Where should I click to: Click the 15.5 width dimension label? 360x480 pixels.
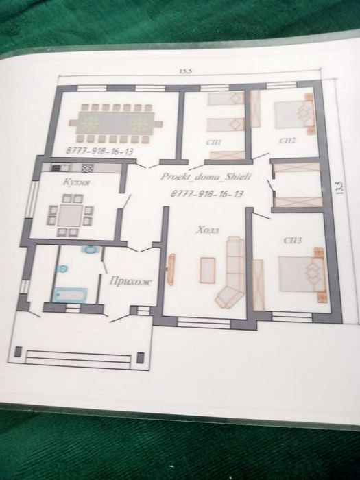pos(185,71)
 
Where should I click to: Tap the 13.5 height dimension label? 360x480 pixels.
pos(339,188)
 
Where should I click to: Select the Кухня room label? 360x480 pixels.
pos(77,182)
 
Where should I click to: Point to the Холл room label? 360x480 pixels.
pos(208,230)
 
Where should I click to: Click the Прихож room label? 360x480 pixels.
pos(130,281)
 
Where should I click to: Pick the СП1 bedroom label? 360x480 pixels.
pos(214,143)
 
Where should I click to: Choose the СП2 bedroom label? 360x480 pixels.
pos(287,141)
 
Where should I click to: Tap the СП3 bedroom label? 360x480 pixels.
pos(292,240)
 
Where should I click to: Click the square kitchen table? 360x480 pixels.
pos(71,215)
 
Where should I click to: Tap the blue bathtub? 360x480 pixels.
pos(71,295)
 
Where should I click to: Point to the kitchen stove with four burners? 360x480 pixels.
pos(88,168)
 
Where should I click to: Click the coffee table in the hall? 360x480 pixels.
pos(208,270)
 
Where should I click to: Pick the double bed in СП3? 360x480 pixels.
pos(302,274)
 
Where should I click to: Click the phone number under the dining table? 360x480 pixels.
pos(99,151)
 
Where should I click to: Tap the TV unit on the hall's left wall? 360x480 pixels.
pos(171,269)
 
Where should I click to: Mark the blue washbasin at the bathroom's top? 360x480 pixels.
pos(91,250)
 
